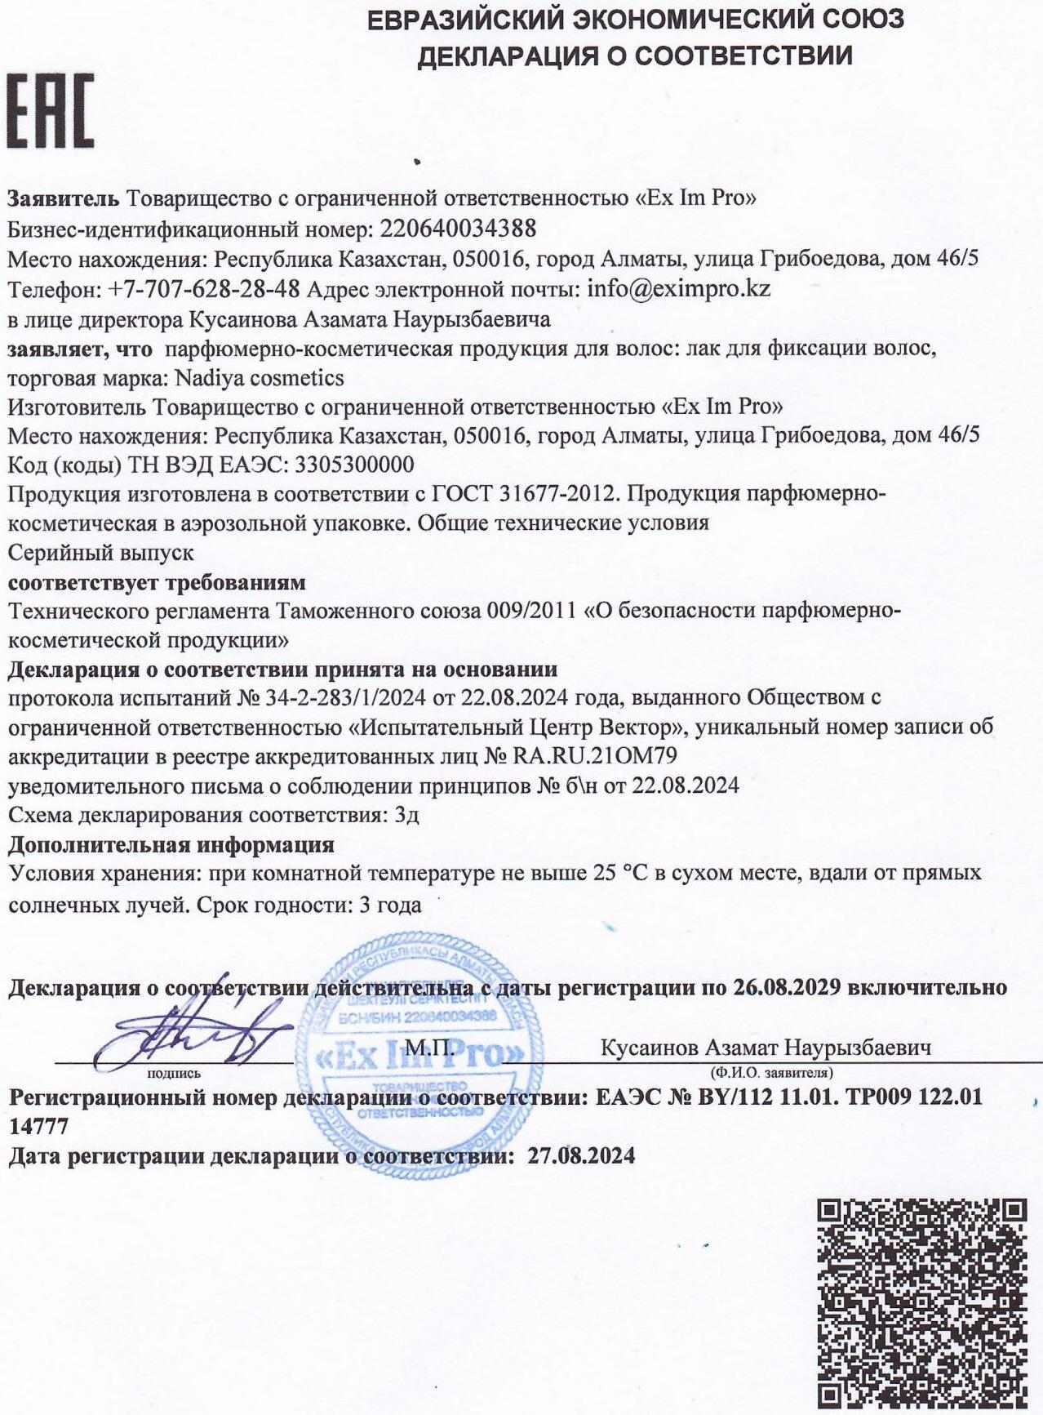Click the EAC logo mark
point(51,110)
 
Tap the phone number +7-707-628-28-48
point(204,288)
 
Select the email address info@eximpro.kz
point(679,288)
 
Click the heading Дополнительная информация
point(171,844)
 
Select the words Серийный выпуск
point(100,553)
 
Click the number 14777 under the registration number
point(38,1127)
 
